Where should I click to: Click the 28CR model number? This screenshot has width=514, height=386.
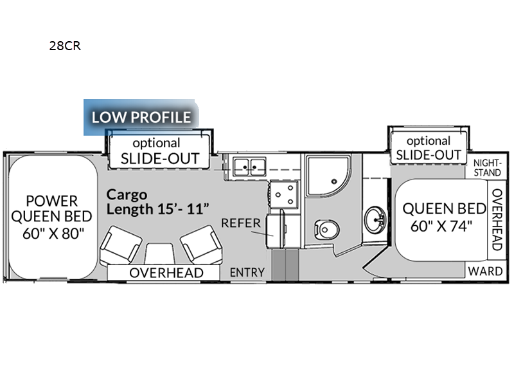pos(65,46)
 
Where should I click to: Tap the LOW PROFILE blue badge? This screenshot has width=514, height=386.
pos(141,117)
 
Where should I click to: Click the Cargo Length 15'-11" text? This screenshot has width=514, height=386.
pos(157,202)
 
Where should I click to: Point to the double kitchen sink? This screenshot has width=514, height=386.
pos(249,167)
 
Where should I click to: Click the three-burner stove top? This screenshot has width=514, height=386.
pos(284,194)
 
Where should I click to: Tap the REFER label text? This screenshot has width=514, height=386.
pos(241,223)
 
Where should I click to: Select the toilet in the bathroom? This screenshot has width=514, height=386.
pos(326,230)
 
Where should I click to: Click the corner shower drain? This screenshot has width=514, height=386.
pos(334,181)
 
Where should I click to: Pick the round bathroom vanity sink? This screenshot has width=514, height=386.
pos(375,219)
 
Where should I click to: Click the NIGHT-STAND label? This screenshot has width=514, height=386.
pos(487,168)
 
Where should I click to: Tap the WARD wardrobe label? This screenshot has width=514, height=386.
pos(485,271)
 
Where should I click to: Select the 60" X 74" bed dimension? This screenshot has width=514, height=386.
pos(441,226)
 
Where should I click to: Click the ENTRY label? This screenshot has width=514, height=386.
pos(247,272)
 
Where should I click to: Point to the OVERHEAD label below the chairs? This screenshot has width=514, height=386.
pos(166,273)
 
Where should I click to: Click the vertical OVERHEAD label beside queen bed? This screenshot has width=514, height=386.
pos(497,219)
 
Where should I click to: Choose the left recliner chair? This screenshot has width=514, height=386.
pos(121,245)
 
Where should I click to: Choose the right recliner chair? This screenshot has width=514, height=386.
pos(201,244)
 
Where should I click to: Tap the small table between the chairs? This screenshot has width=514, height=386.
pos(159,253)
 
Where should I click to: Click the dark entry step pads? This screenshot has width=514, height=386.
pos(285,264)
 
